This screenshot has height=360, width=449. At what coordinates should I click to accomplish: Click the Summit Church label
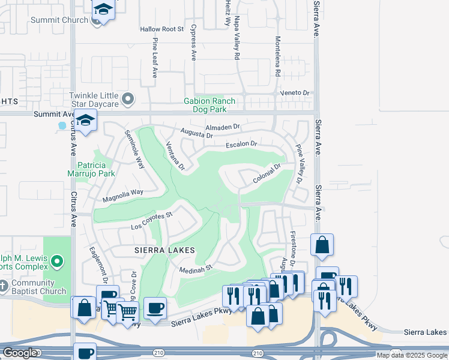coord(59,20)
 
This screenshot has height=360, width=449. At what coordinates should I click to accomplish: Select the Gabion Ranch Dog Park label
coord(209,106)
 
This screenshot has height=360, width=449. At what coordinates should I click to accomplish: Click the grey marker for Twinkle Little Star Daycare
coord(127,98)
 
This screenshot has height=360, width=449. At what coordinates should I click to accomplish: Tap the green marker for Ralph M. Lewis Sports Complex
coord(57,261)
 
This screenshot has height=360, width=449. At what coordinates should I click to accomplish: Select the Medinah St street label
coord(197,269)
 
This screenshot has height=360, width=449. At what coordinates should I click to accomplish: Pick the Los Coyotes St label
coord(152,220)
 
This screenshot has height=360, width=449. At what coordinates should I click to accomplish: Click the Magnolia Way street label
coord(123,193)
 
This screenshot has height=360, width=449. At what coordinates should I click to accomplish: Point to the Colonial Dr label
coord(267,174)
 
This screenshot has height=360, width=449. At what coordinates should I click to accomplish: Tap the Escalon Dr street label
coord(241,144)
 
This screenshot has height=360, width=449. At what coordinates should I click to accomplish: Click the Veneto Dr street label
coord(296,93)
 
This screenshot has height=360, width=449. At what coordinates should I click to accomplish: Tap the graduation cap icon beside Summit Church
coord(103,10)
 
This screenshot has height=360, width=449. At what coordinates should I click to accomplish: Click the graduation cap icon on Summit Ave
coord(85,120)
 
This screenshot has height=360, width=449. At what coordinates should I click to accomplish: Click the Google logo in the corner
coord(20,353)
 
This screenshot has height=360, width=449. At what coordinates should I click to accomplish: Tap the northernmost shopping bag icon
coord(322,244)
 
